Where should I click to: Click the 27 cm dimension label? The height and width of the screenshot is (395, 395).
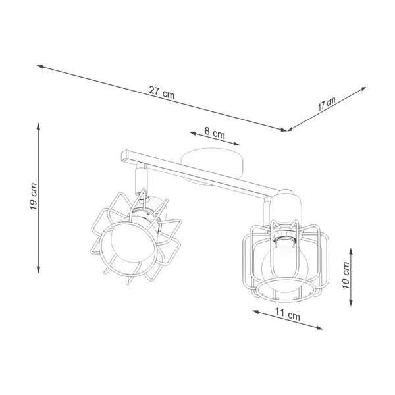coord(162,93)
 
